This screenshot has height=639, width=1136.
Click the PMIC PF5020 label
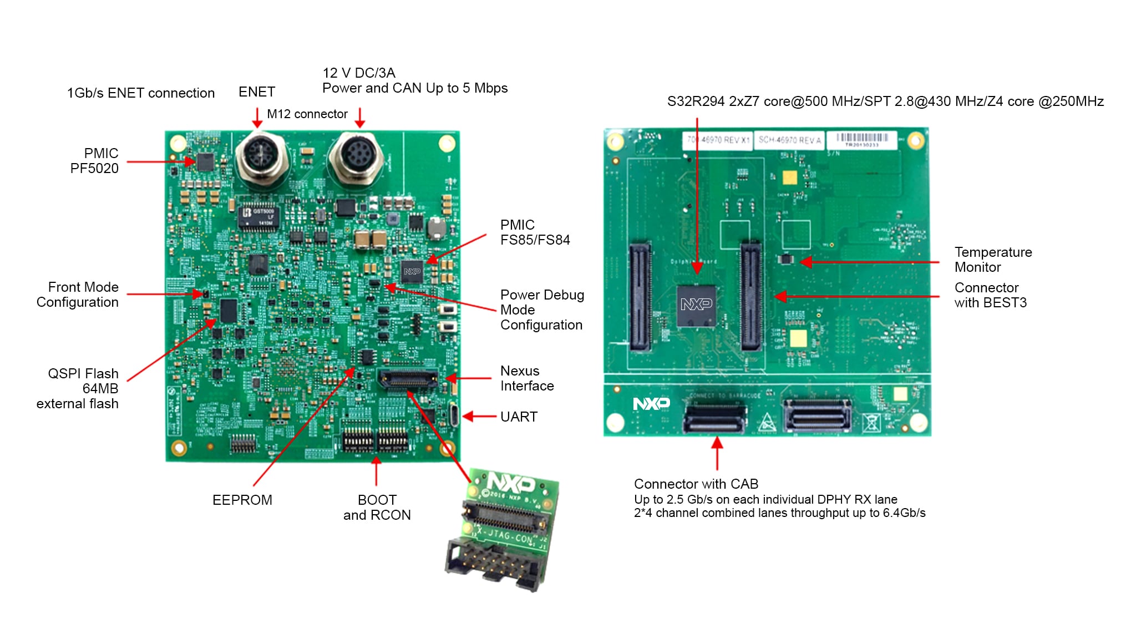(94, 161)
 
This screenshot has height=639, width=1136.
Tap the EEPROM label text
(242, 500)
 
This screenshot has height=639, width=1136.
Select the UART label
(519, 417)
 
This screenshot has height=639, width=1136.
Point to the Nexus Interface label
(526, 378)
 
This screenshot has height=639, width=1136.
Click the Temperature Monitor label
(993, 260)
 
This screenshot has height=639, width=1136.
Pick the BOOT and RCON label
(377, 508)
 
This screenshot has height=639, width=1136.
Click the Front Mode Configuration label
(78, 295)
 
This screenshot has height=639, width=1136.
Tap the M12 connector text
(307, 114)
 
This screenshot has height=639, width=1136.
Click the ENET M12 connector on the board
(261, 156)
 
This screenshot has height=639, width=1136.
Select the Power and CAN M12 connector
(356, 156)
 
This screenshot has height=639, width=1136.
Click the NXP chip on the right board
(696, 305)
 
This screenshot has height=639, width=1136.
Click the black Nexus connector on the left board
(408, 379)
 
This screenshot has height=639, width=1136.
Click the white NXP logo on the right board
(651, 403)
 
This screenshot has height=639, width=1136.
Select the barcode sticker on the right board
(861, 139)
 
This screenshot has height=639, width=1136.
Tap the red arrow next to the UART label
(478, 417)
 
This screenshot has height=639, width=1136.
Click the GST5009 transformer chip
(258, 217)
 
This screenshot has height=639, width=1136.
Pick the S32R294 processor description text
(885, 102)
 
